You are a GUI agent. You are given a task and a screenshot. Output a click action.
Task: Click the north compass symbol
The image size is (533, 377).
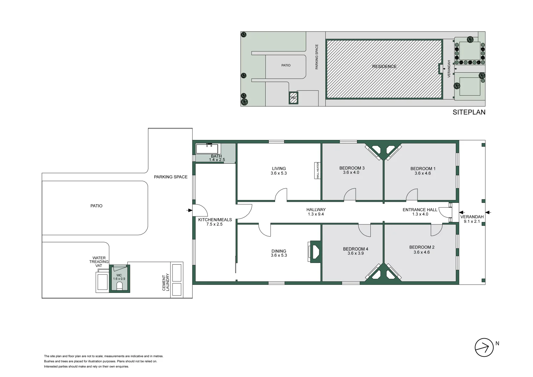(484, 347)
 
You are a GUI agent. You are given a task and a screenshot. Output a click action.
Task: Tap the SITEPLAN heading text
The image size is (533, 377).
(469, 112)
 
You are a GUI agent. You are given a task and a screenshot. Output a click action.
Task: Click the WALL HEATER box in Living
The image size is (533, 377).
(318, 170)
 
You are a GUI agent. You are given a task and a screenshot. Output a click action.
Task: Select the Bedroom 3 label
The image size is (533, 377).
(352, 168)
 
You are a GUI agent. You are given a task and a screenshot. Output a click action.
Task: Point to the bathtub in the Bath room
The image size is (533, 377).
(207, 149)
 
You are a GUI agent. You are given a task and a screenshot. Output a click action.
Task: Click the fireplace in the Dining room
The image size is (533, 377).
(314, 252)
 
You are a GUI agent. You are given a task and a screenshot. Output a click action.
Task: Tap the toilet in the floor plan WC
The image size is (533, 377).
(119, 287)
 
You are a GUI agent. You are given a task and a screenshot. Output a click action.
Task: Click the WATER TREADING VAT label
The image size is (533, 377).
(99, 262)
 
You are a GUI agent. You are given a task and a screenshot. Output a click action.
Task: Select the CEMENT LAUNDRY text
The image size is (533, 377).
(166, 282)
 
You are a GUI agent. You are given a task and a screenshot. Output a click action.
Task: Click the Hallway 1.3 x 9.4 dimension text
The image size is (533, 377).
(316, 214)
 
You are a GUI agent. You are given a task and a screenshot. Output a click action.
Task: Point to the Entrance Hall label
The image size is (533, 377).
(420, 210)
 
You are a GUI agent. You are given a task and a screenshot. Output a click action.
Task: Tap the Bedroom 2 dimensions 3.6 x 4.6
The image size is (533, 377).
(422, 252)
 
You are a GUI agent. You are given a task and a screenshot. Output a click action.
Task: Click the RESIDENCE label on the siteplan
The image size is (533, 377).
(384, 66)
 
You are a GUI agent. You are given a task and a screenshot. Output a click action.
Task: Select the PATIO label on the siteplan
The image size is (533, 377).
(286, 65)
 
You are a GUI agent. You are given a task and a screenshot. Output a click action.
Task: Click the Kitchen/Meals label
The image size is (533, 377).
(215, 220)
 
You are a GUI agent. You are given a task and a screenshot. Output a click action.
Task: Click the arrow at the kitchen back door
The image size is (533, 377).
(190, 210)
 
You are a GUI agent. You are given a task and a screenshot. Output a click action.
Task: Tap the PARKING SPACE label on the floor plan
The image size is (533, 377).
(171, 177)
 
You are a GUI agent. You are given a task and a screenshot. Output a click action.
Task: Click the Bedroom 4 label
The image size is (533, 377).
(355, 249)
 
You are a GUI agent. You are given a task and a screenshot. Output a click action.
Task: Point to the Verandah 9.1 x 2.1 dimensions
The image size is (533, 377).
(472, 221)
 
